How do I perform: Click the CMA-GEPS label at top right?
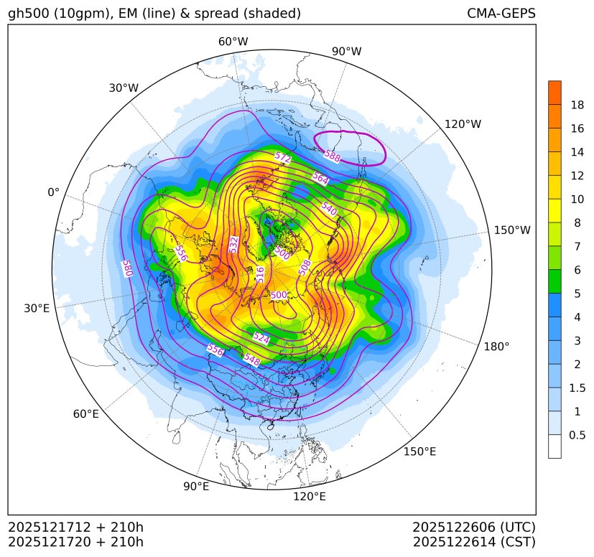pyautogui.click(x=501, y=14)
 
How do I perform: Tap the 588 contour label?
pyautogui.click(x=332, y=155)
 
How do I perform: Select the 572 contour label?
pyautogui.click(x=283, y=157)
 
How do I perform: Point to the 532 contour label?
pyautogui.click(x=233, y=244)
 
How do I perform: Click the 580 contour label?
pyautogui.click(x=127, y=268)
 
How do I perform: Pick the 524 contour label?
pyautogui.click(x=261, y=337)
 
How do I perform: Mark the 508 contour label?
pyautogui.click(x=305, y=268)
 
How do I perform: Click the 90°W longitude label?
pyautogui.click(x=346, y=51)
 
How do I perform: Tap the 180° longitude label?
pyautogui.click(x=496, y=346)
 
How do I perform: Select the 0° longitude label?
pyautogui.click(x=54, y=192)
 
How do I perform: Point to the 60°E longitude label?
pyautogui.click(x=85, y=414)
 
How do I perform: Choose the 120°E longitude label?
pyautogui.click(x=310, y=496)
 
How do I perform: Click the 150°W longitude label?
pyautogui.click(x=512, y=230)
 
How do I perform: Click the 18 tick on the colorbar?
pyautogui.click(x=577, y=105)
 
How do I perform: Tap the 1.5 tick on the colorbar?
pyautogui.click(x=577, y=388)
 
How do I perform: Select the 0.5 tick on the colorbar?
pyautogui.click(x=577, y=435)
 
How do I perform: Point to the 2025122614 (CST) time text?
pyautogui.click(x=474, y=541)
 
